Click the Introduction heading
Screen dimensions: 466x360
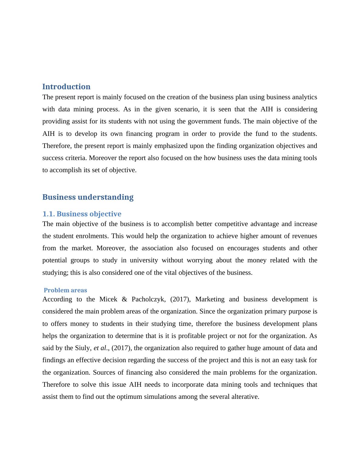[x=66, y=87]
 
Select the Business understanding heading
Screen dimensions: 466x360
[x=88, y=197]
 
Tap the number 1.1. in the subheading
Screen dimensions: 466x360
[x=48, y=214]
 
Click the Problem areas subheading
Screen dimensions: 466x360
[x=65, y=290]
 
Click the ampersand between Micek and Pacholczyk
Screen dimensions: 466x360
[x=124, y=300]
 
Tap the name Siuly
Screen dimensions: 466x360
[x=83, y=348]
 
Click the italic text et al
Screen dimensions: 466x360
[x=100, y=348]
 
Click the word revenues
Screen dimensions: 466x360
[x=303, y=236]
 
